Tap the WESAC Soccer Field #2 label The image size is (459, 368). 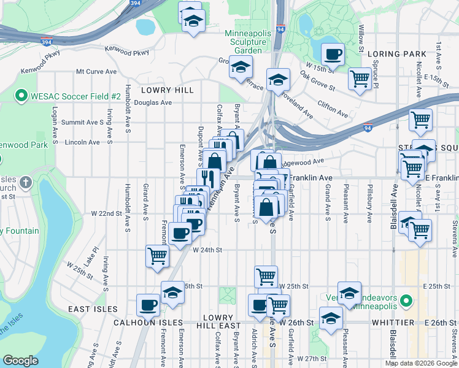pos(68,96)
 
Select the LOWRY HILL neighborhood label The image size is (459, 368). pos(167,90)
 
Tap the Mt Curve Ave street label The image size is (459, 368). pos(96,72)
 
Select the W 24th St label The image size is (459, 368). pos(206,250)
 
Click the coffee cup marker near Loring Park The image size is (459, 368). pos(333,55)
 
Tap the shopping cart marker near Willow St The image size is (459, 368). pos(359,78)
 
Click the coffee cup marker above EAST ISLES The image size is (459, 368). pos(148,304)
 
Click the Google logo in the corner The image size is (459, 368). pos(20,361)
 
